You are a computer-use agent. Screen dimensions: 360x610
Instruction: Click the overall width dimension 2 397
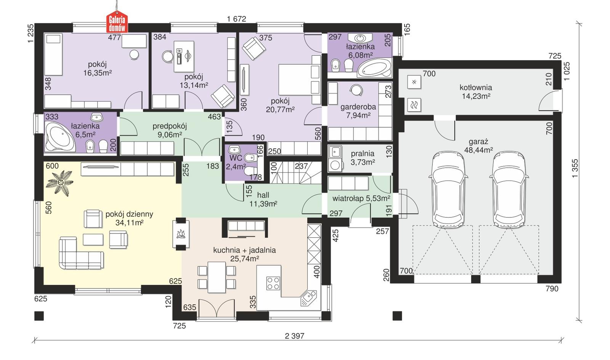(294, 336)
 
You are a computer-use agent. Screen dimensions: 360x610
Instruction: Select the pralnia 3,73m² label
(363, 158)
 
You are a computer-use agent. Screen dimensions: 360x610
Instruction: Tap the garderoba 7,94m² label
(358, 111)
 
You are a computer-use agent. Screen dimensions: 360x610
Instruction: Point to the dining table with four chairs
(217, 277)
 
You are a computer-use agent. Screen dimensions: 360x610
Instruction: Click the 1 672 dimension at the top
(236, 19)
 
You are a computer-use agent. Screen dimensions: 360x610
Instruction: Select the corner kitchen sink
(308, 298)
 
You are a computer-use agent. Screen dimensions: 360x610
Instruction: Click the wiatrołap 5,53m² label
(361, 198)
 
